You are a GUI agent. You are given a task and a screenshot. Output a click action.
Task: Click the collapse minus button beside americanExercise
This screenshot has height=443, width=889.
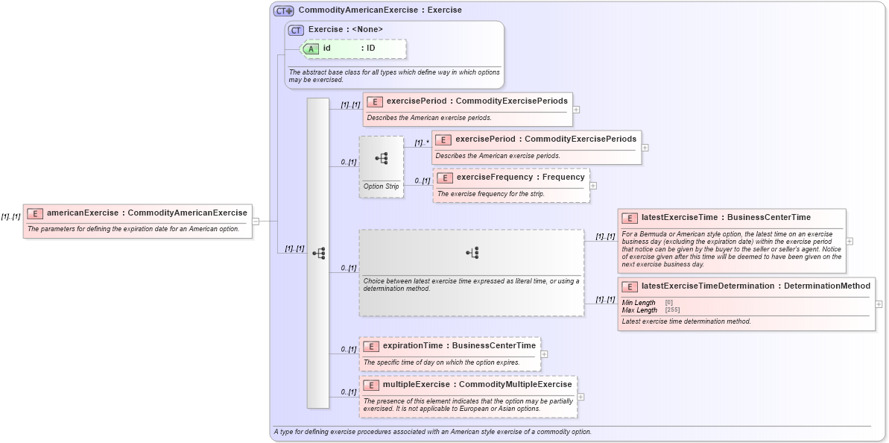tap(256, 221)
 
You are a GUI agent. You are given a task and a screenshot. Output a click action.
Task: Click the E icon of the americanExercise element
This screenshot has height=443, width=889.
tap(35, 213)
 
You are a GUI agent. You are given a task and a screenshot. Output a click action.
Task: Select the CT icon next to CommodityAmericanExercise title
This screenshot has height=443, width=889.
tap(283, 10)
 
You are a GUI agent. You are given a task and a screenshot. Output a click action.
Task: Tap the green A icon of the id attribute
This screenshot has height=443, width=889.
tap(311, 48)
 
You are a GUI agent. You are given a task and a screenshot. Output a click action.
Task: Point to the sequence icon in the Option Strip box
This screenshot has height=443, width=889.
tap(381, 158)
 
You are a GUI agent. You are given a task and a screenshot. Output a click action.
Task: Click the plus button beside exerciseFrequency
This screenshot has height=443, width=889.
tap(593, 186)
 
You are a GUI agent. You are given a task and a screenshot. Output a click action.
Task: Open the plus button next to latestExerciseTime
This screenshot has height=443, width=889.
tap(850, 241)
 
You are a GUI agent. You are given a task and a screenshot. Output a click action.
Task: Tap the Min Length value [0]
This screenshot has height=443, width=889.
tap(669, 303)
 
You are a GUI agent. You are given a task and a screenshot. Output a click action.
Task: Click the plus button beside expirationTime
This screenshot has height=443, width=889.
tap(544, 354)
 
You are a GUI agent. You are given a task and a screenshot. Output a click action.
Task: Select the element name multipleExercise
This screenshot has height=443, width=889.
tap(416, 384)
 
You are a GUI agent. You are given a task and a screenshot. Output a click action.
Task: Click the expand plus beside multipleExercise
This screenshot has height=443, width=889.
tap(580, 397)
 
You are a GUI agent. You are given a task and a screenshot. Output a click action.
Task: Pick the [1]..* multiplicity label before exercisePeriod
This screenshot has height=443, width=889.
tap(422, 142)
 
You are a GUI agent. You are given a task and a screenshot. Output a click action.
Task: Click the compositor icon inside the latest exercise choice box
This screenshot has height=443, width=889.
tap(472, 253)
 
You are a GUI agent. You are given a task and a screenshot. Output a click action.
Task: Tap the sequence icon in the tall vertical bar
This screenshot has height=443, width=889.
tap(318, 253)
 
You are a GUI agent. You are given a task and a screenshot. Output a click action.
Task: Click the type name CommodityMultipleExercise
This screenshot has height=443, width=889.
tap(516, 384)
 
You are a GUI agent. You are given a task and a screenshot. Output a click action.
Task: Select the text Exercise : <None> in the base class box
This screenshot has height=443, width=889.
tap(346, 30)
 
